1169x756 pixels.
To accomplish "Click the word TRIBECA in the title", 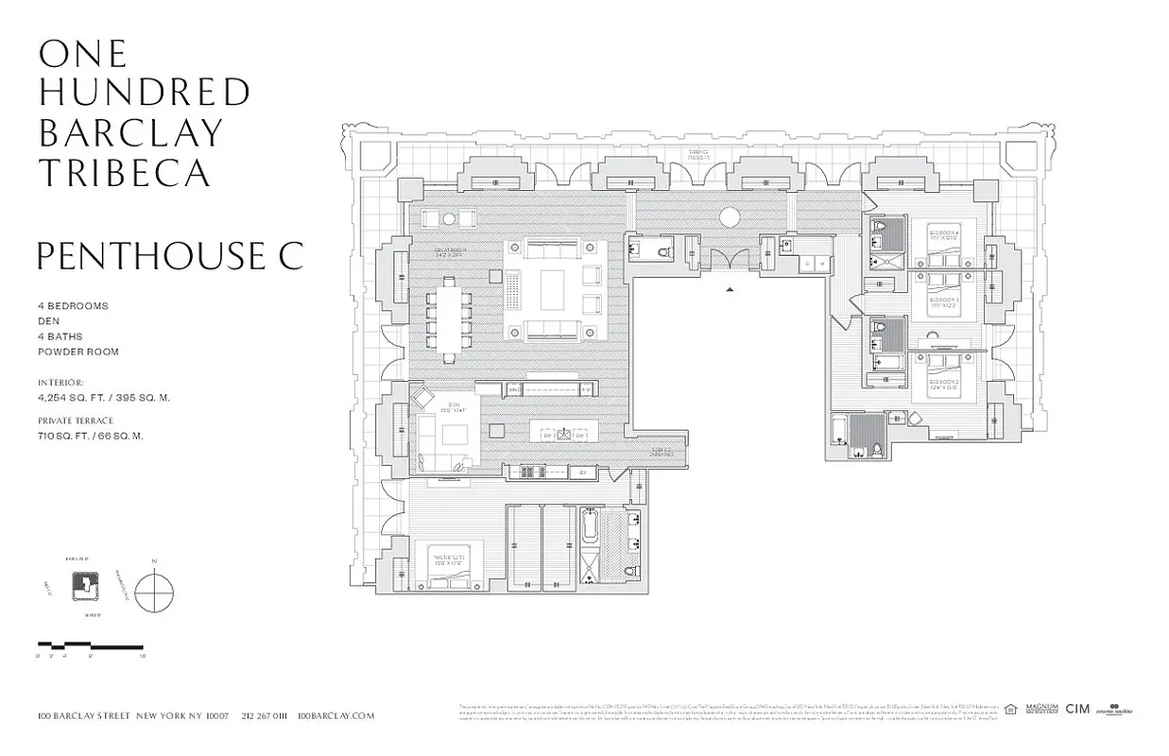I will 124,173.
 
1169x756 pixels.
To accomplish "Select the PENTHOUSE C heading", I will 170,256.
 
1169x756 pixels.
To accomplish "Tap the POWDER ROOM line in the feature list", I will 78,352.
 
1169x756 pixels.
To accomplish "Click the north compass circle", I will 154,593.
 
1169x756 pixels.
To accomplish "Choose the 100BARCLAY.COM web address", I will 335,716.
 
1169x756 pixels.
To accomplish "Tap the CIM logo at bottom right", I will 1077,709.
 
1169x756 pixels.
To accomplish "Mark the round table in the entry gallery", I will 729,216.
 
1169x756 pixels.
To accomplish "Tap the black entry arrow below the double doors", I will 729,290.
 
